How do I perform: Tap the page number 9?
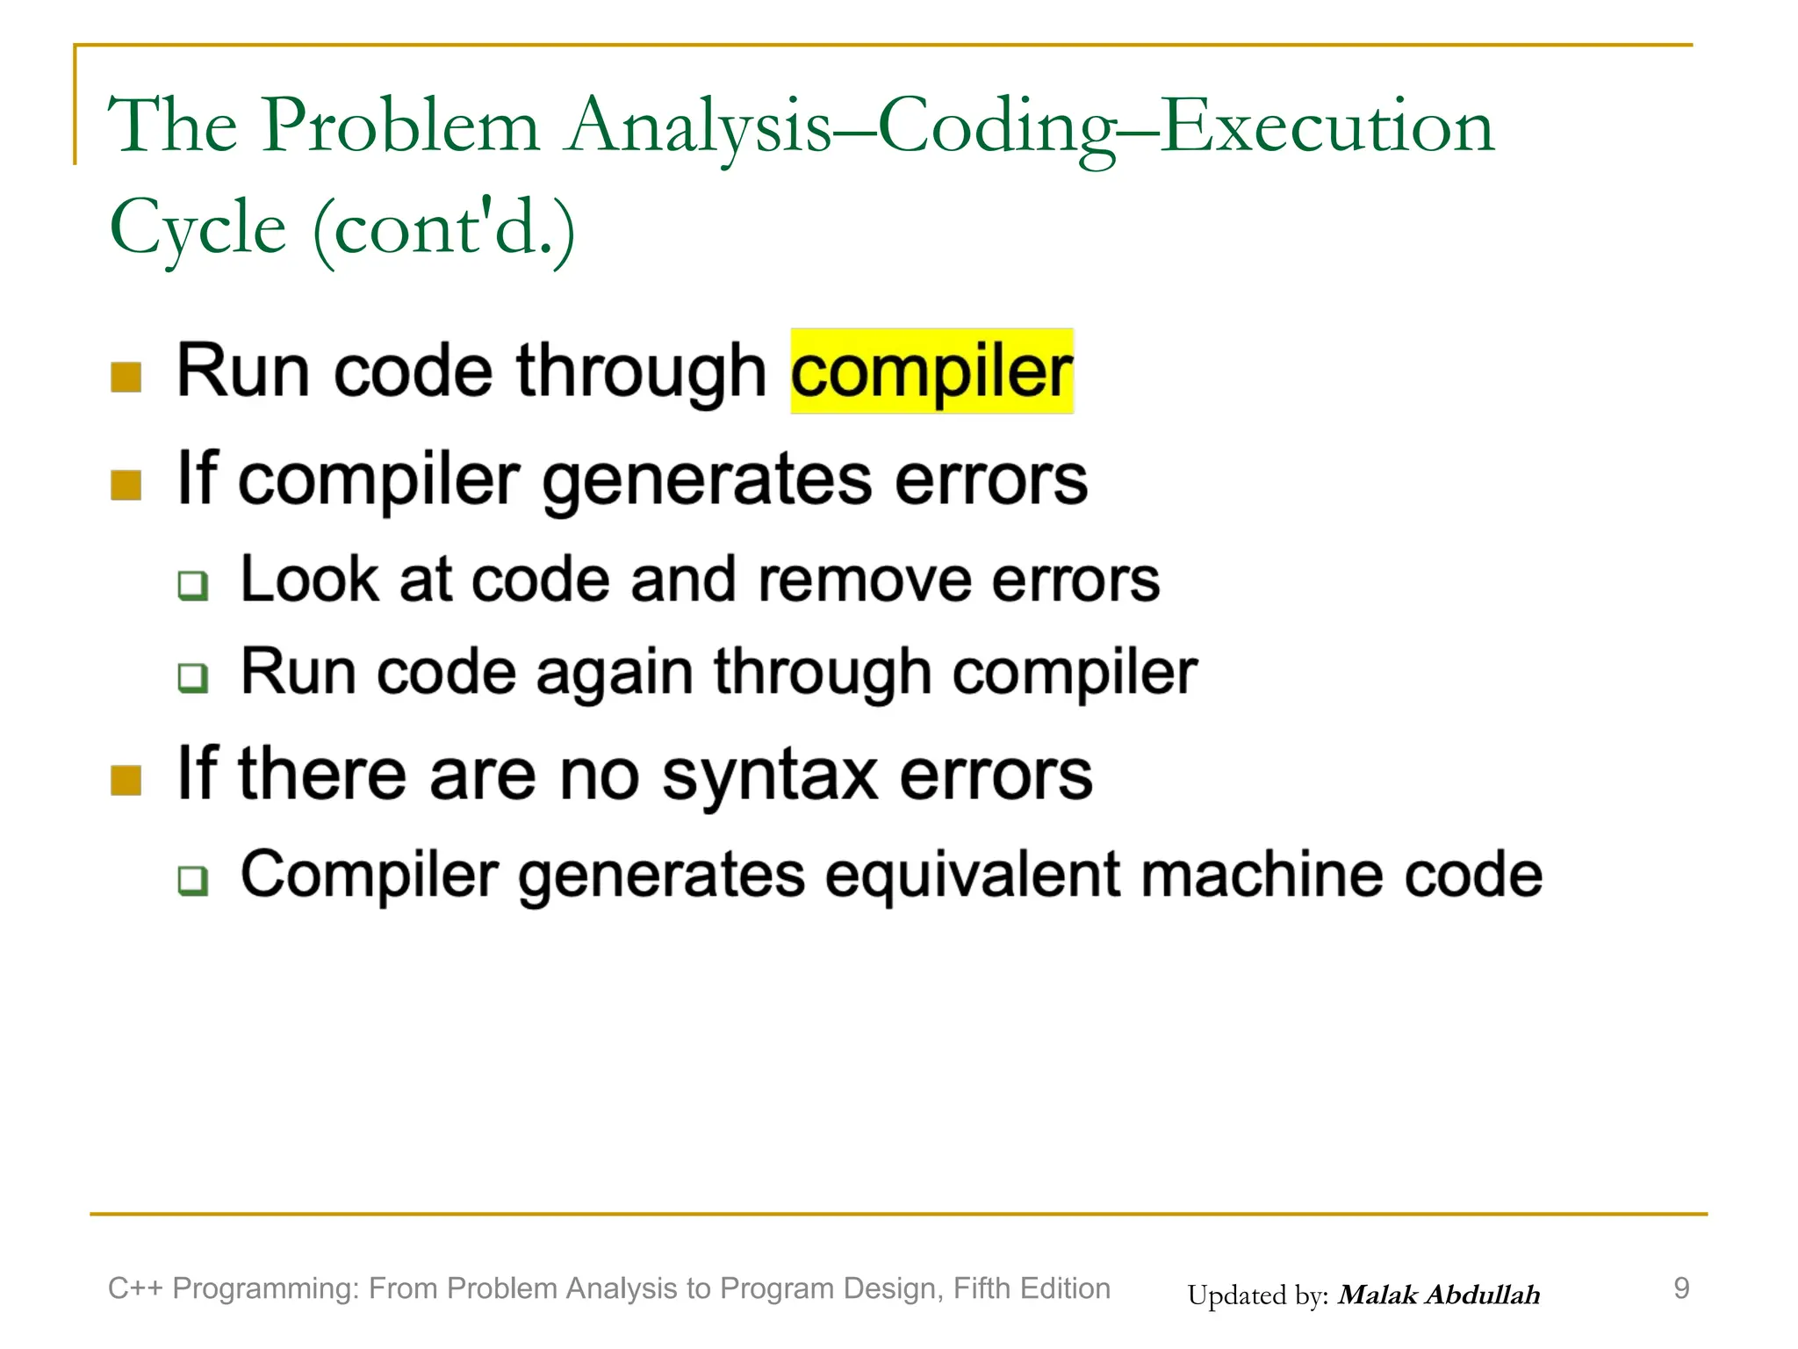(x=1680, y=1288)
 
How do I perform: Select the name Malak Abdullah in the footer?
(x=1438, y=1295)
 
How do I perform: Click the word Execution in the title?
(x=1327, y=126)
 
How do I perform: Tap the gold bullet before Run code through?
(x=126, y=378)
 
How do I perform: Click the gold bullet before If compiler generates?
(x=126, y=485)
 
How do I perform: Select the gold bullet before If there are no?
(x=126, y=779)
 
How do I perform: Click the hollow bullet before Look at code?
(x=192, y=585)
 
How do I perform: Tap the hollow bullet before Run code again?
(x=192, y=677)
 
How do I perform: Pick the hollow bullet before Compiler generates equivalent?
(x=192, y=880)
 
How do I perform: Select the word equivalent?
(x=973, y=876)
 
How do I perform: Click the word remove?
(x=865, y=581)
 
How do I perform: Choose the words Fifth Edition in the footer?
(x=1032, y=1288)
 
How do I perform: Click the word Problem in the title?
(x=400, y=126)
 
